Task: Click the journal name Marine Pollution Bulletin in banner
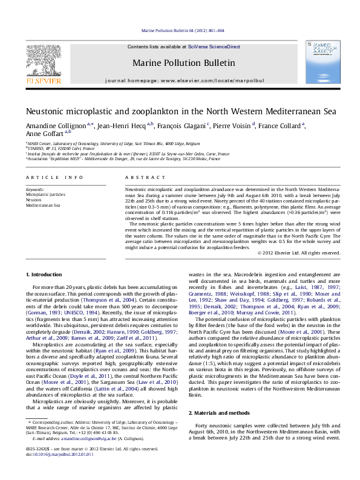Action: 183,62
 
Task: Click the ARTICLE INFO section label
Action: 55,177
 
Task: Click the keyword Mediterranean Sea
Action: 43,205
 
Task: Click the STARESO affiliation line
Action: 61,148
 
